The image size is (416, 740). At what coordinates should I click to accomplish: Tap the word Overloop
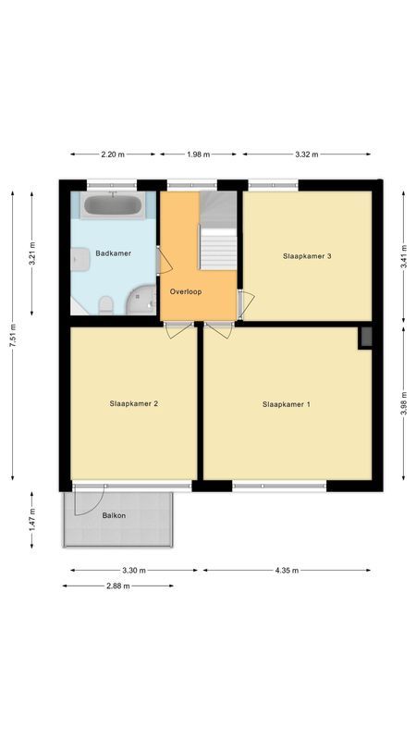186,291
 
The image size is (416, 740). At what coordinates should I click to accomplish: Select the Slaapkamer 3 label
307,255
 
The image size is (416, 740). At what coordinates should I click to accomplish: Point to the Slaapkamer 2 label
134,403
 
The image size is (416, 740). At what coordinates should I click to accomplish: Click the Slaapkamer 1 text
287,403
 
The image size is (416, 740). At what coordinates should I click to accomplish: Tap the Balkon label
115,515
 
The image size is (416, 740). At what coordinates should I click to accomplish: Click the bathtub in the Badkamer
112,205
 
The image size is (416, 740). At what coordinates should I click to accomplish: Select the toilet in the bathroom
106,304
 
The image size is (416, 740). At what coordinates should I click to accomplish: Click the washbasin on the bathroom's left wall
78,262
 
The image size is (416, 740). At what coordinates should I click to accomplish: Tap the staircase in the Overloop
219,236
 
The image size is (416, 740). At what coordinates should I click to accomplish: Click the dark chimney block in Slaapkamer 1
365,338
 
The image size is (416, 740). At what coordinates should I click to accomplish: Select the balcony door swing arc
91,500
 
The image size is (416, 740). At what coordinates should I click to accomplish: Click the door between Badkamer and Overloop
164,260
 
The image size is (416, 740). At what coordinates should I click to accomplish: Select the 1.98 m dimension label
197,154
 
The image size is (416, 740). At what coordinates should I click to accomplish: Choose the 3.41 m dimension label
404,260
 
